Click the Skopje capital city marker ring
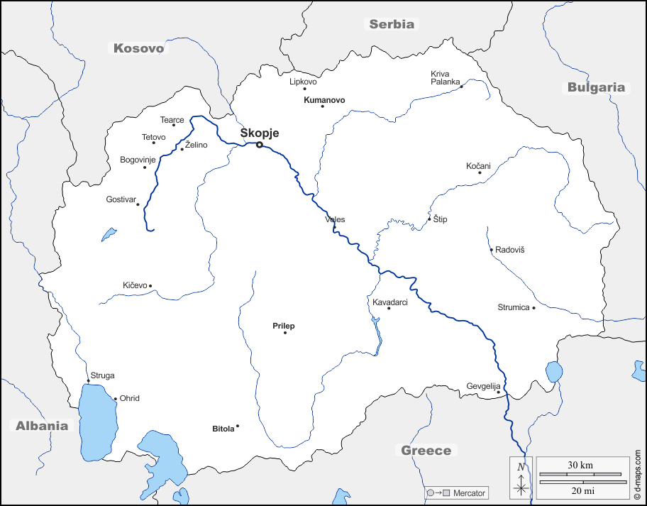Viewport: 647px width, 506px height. coord(260,145)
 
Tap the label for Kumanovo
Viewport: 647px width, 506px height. coord(324,100)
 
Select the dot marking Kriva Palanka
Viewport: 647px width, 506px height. coord(461,87)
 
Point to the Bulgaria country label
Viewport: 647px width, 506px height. coord(596,88)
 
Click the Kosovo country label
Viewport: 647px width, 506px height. coord(139,48)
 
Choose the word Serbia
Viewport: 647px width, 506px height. coord(391,24)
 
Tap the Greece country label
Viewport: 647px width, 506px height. coord(426,451)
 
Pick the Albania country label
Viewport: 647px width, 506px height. coord(43,426)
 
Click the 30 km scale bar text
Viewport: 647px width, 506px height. coord(580,465)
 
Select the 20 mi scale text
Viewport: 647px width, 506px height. coord(580,491)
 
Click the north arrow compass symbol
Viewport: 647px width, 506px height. coord(521,478)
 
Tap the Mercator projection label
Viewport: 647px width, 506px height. coord(469,493)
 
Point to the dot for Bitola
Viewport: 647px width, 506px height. coord(238,426)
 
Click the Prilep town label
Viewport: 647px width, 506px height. coord(283,326)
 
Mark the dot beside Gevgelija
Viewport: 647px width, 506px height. coord(499,392)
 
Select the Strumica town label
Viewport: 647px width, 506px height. coord(514,307)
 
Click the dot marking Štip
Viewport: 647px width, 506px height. coord(429,219)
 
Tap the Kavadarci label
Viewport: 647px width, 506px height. coord(390,302)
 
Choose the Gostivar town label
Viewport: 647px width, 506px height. coord(120,199)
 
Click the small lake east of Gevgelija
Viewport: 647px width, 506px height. coord(554,372)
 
